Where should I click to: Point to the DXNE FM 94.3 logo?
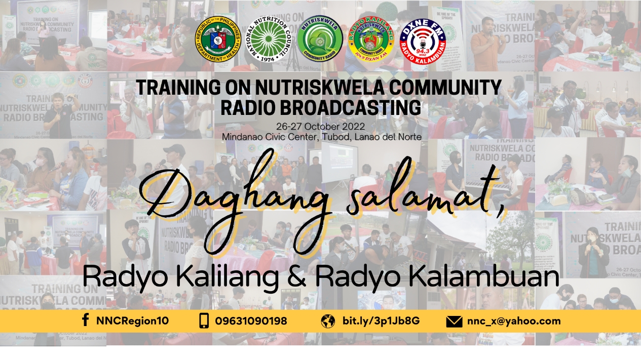coord(425,39)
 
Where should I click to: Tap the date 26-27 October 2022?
coord(321,127)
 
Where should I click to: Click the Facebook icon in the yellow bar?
coord(86,321)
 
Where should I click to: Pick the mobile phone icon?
coord(204,321)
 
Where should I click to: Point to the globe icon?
coord(328,321)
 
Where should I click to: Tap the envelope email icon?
coord(454,321)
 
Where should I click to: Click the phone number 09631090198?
coord(251,321)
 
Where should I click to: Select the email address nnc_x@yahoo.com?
coord(514,321)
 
